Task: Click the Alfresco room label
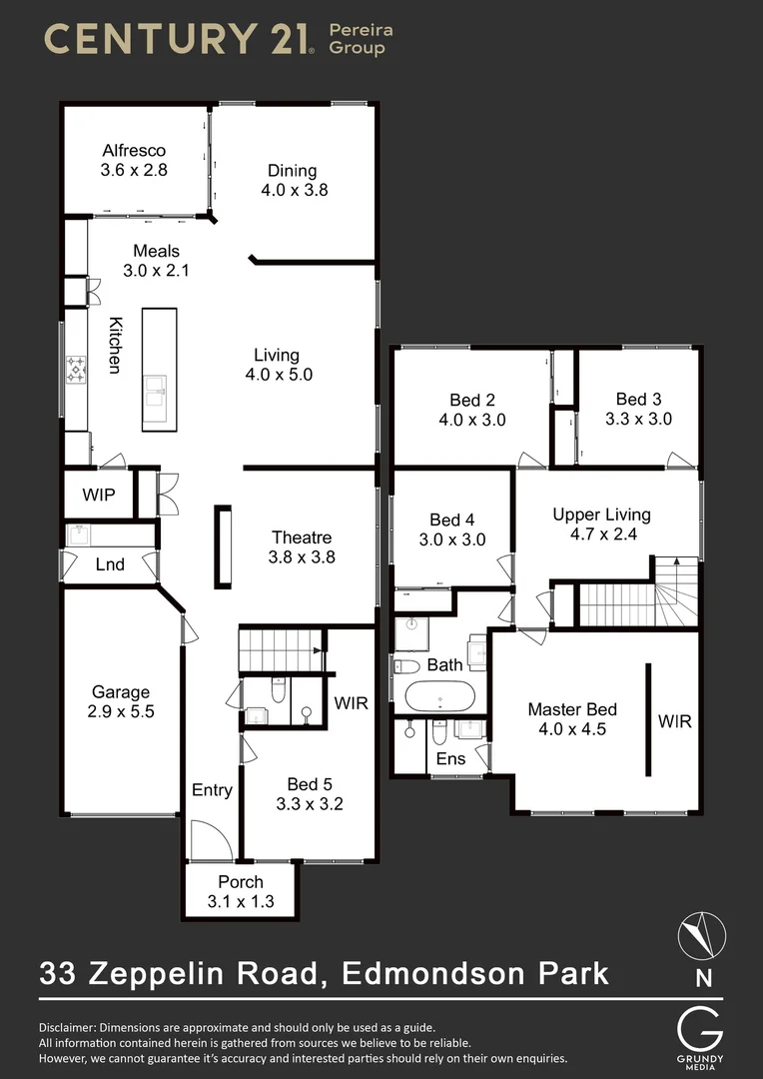coord(134,151)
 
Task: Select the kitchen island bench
coord(159,369)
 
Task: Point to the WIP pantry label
coord(99,495)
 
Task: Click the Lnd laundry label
coord(110,565)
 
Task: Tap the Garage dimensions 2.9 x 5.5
coord(121,712)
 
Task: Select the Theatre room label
coord(302,539)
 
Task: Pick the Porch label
coord(241,882)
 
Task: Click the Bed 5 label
coord(310,784)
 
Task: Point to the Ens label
coord(451,759)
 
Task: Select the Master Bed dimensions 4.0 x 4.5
coord(572,729)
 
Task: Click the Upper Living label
coord(601,515)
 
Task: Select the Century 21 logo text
coord(180,39)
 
